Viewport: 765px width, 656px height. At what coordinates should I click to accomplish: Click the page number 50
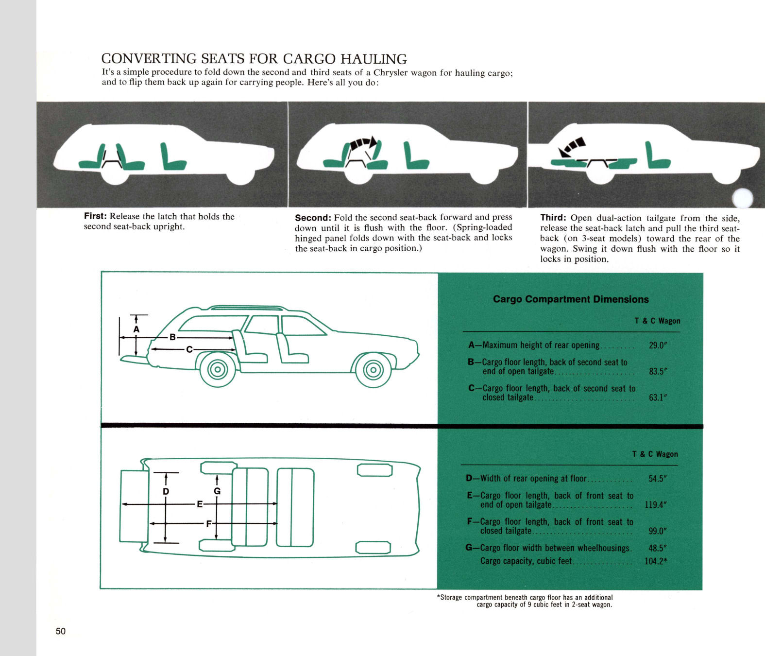click(60, 631)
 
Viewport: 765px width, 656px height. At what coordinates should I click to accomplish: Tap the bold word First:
click(95, 216)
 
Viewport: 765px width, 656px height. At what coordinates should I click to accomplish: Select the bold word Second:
click(313, 218)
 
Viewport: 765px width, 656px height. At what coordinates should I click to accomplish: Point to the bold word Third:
click(553, 218)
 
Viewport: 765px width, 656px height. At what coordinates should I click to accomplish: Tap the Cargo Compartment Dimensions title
click(571, 299)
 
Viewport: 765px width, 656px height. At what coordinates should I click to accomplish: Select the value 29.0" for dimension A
click(658, 345)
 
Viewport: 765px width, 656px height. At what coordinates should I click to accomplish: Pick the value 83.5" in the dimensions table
click(658, 372)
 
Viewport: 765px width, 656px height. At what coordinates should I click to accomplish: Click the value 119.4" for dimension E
click(655, 505)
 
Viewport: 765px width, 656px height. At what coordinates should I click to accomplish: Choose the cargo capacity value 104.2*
click(655, 561)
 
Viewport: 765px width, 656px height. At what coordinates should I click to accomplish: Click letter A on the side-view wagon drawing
click(136, 329)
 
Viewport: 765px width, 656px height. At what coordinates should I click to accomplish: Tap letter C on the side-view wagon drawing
click(189, 349)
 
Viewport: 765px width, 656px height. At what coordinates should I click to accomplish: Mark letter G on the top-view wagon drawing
click(217, 491)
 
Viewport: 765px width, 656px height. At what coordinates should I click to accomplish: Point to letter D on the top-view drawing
click(166, 492)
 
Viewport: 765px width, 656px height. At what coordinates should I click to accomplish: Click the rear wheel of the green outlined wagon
click(218, 370)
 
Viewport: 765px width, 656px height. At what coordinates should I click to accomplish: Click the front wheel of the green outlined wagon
click(373, 370)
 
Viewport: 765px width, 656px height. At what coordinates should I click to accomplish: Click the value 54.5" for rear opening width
click(657, 479)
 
